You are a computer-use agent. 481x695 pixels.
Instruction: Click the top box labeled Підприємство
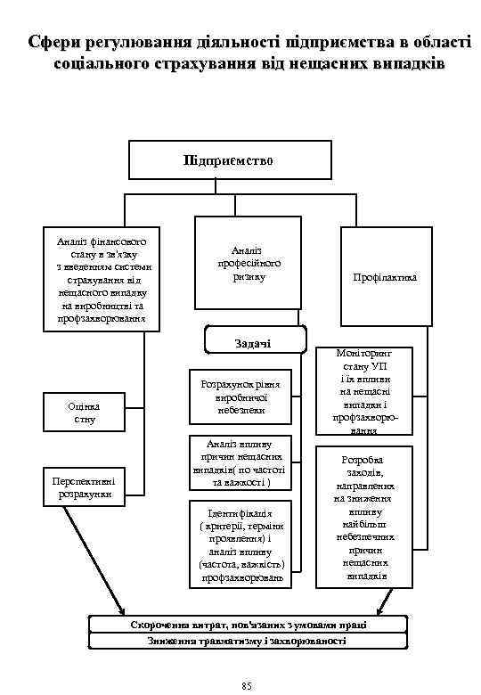(228, 160)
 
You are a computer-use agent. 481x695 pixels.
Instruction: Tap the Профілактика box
(384, 277)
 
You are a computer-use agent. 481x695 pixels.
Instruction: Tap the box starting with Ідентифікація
(240, 546)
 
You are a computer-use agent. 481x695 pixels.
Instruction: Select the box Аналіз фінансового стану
(102, 279)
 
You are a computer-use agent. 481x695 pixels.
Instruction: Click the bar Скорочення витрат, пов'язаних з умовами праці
(247, 625)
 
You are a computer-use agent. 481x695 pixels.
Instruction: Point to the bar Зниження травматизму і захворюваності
(247, 641)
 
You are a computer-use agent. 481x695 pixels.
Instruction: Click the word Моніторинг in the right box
(364, 354)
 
